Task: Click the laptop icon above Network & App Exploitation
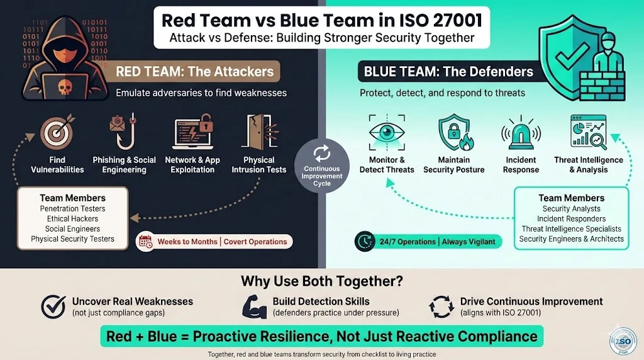(192, 132)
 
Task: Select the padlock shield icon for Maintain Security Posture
(453, 132)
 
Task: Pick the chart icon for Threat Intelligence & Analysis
(588, 132)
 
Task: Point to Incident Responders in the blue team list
(571, 218)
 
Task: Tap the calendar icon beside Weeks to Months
(146, 241)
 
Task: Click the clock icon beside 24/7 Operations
(363, 241)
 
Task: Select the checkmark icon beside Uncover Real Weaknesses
(53, 307)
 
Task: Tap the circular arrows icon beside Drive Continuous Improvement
(441, 307)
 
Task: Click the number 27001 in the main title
(447, 20)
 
